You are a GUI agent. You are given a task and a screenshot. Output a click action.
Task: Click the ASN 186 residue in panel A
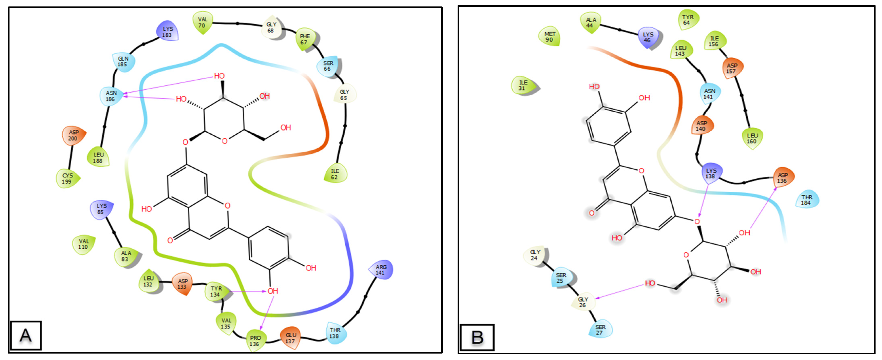pos(111,96)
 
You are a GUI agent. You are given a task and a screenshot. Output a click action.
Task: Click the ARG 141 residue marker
pos(381,270)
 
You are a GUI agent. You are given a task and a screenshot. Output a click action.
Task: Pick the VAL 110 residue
pos(83,244)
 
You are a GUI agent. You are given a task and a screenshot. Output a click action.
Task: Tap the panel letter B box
pos(477,337)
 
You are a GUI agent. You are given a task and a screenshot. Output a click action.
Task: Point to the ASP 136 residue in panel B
pos(783,178)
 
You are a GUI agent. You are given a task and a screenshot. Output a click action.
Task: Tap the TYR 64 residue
pos(688,20)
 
